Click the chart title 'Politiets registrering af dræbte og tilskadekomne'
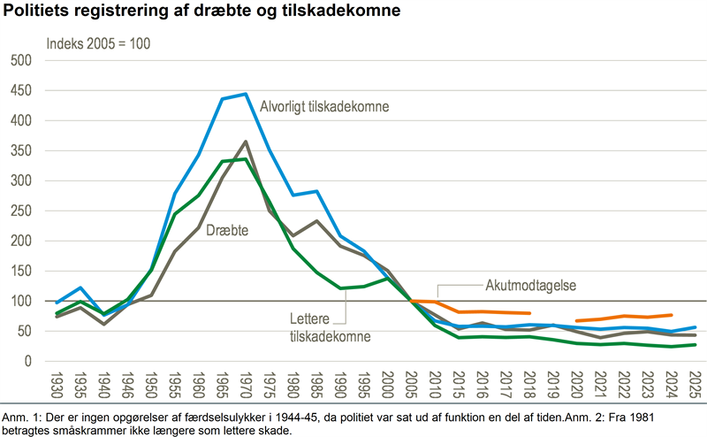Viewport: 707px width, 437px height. click(x=201, y=11)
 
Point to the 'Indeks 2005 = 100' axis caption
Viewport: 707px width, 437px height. click(x=98, y=44)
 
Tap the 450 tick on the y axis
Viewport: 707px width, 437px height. click(x=21, y=90)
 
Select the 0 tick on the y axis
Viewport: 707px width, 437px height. click(x=28, y=361)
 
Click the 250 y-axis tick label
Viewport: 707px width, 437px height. click(x=21, y=211)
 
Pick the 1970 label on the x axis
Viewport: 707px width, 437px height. click(x=246, y=385)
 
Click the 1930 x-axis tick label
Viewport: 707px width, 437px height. click(x=57, y=385)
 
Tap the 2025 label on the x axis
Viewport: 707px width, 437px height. click(x=695, y=385)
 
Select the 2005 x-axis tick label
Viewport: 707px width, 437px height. click(x=411, y=385)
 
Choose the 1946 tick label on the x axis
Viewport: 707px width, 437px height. click(x=127, y=385)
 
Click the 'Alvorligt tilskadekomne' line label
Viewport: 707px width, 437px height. click(x=324, y=106)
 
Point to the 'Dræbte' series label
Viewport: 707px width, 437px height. click(x=227, y=230)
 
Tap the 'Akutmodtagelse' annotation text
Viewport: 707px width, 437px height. click(x=531, y=286)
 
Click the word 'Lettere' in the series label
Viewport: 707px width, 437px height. click(x=310, y=318)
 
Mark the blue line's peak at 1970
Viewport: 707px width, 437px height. click(x=246, y=94)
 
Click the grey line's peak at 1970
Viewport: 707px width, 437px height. click(x=246, y=142)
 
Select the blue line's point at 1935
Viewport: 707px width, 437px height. click(x=80, y=287)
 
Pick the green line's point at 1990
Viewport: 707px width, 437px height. click(x=340, y=288)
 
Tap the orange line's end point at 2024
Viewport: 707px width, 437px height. click(x=672, y=315)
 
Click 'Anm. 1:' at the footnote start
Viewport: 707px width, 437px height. click(x=15, y=418)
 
